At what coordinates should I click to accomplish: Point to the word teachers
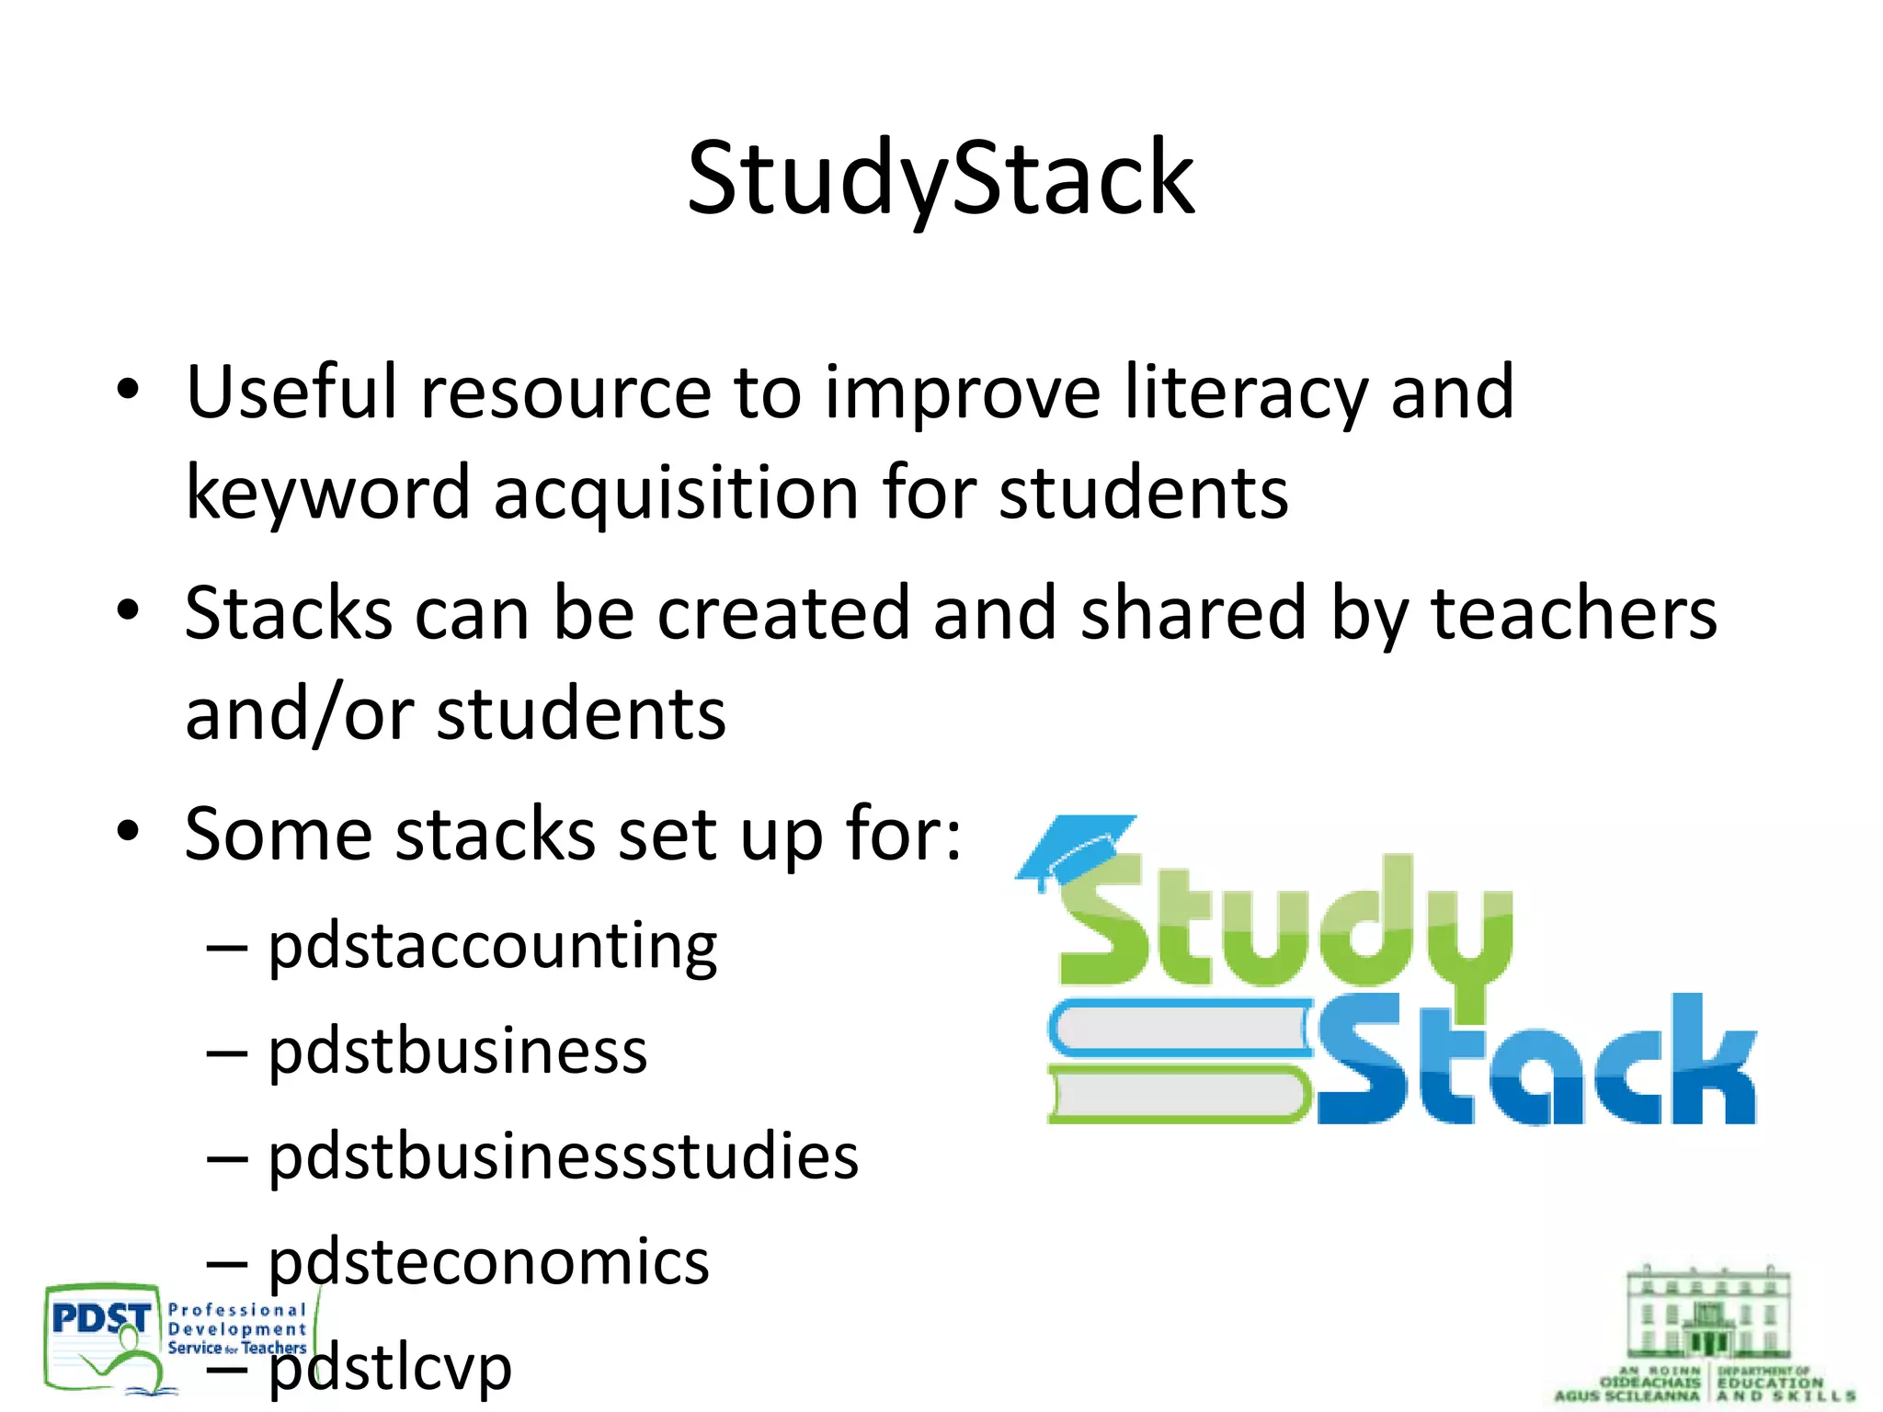(x=1573, y=614)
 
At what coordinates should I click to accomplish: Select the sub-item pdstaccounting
(x=492, y=947)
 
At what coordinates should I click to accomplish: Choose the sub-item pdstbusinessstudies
(x=563, y=1156)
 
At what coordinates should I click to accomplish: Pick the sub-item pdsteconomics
(x=488, y=1261)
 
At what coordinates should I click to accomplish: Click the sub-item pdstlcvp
(x=390, y=1368)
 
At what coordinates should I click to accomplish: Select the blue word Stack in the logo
(x=1535, y=1066)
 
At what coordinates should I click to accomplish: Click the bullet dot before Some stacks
(x=128, y=832)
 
